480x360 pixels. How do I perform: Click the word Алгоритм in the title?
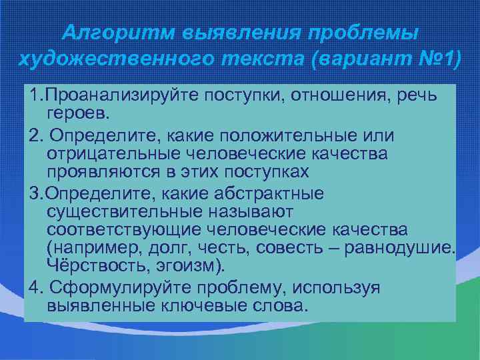(114, 33)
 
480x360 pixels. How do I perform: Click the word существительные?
(123, 211)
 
